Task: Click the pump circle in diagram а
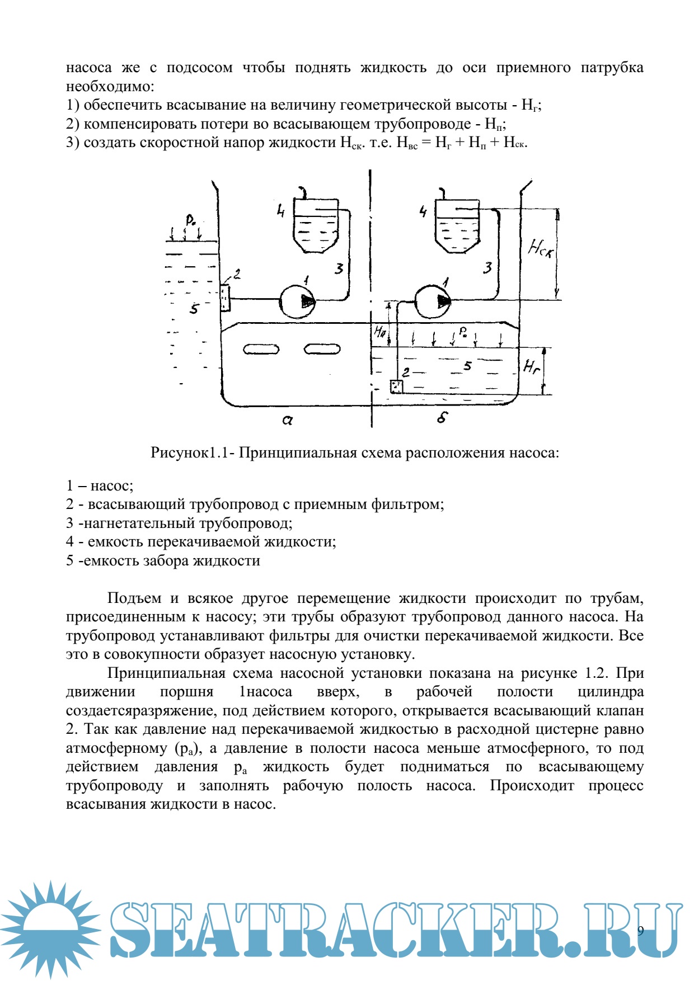point(297,301)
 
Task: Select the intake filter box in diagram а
point(224,298)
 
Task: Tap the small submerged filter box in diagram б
point(396,386)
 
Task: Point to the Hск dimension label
point(540,248)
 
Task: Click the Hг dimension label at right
point(531,366)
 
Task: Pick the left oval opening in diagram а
point(261,350)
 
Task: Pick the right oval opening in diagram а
point(322,350)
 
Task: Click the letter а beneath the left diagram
point(287,419)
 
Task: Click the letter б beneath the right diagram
point(442,417)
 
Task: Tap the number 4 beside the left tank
point(280,211)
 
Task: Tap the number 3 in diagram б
point(487,268)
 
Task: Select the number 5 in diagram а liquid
point(194,309)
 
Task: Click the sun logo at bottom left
point(50,928)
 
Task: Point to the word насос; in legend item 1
point(112,486)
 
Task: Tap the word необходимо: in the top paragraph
point(110,87)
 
